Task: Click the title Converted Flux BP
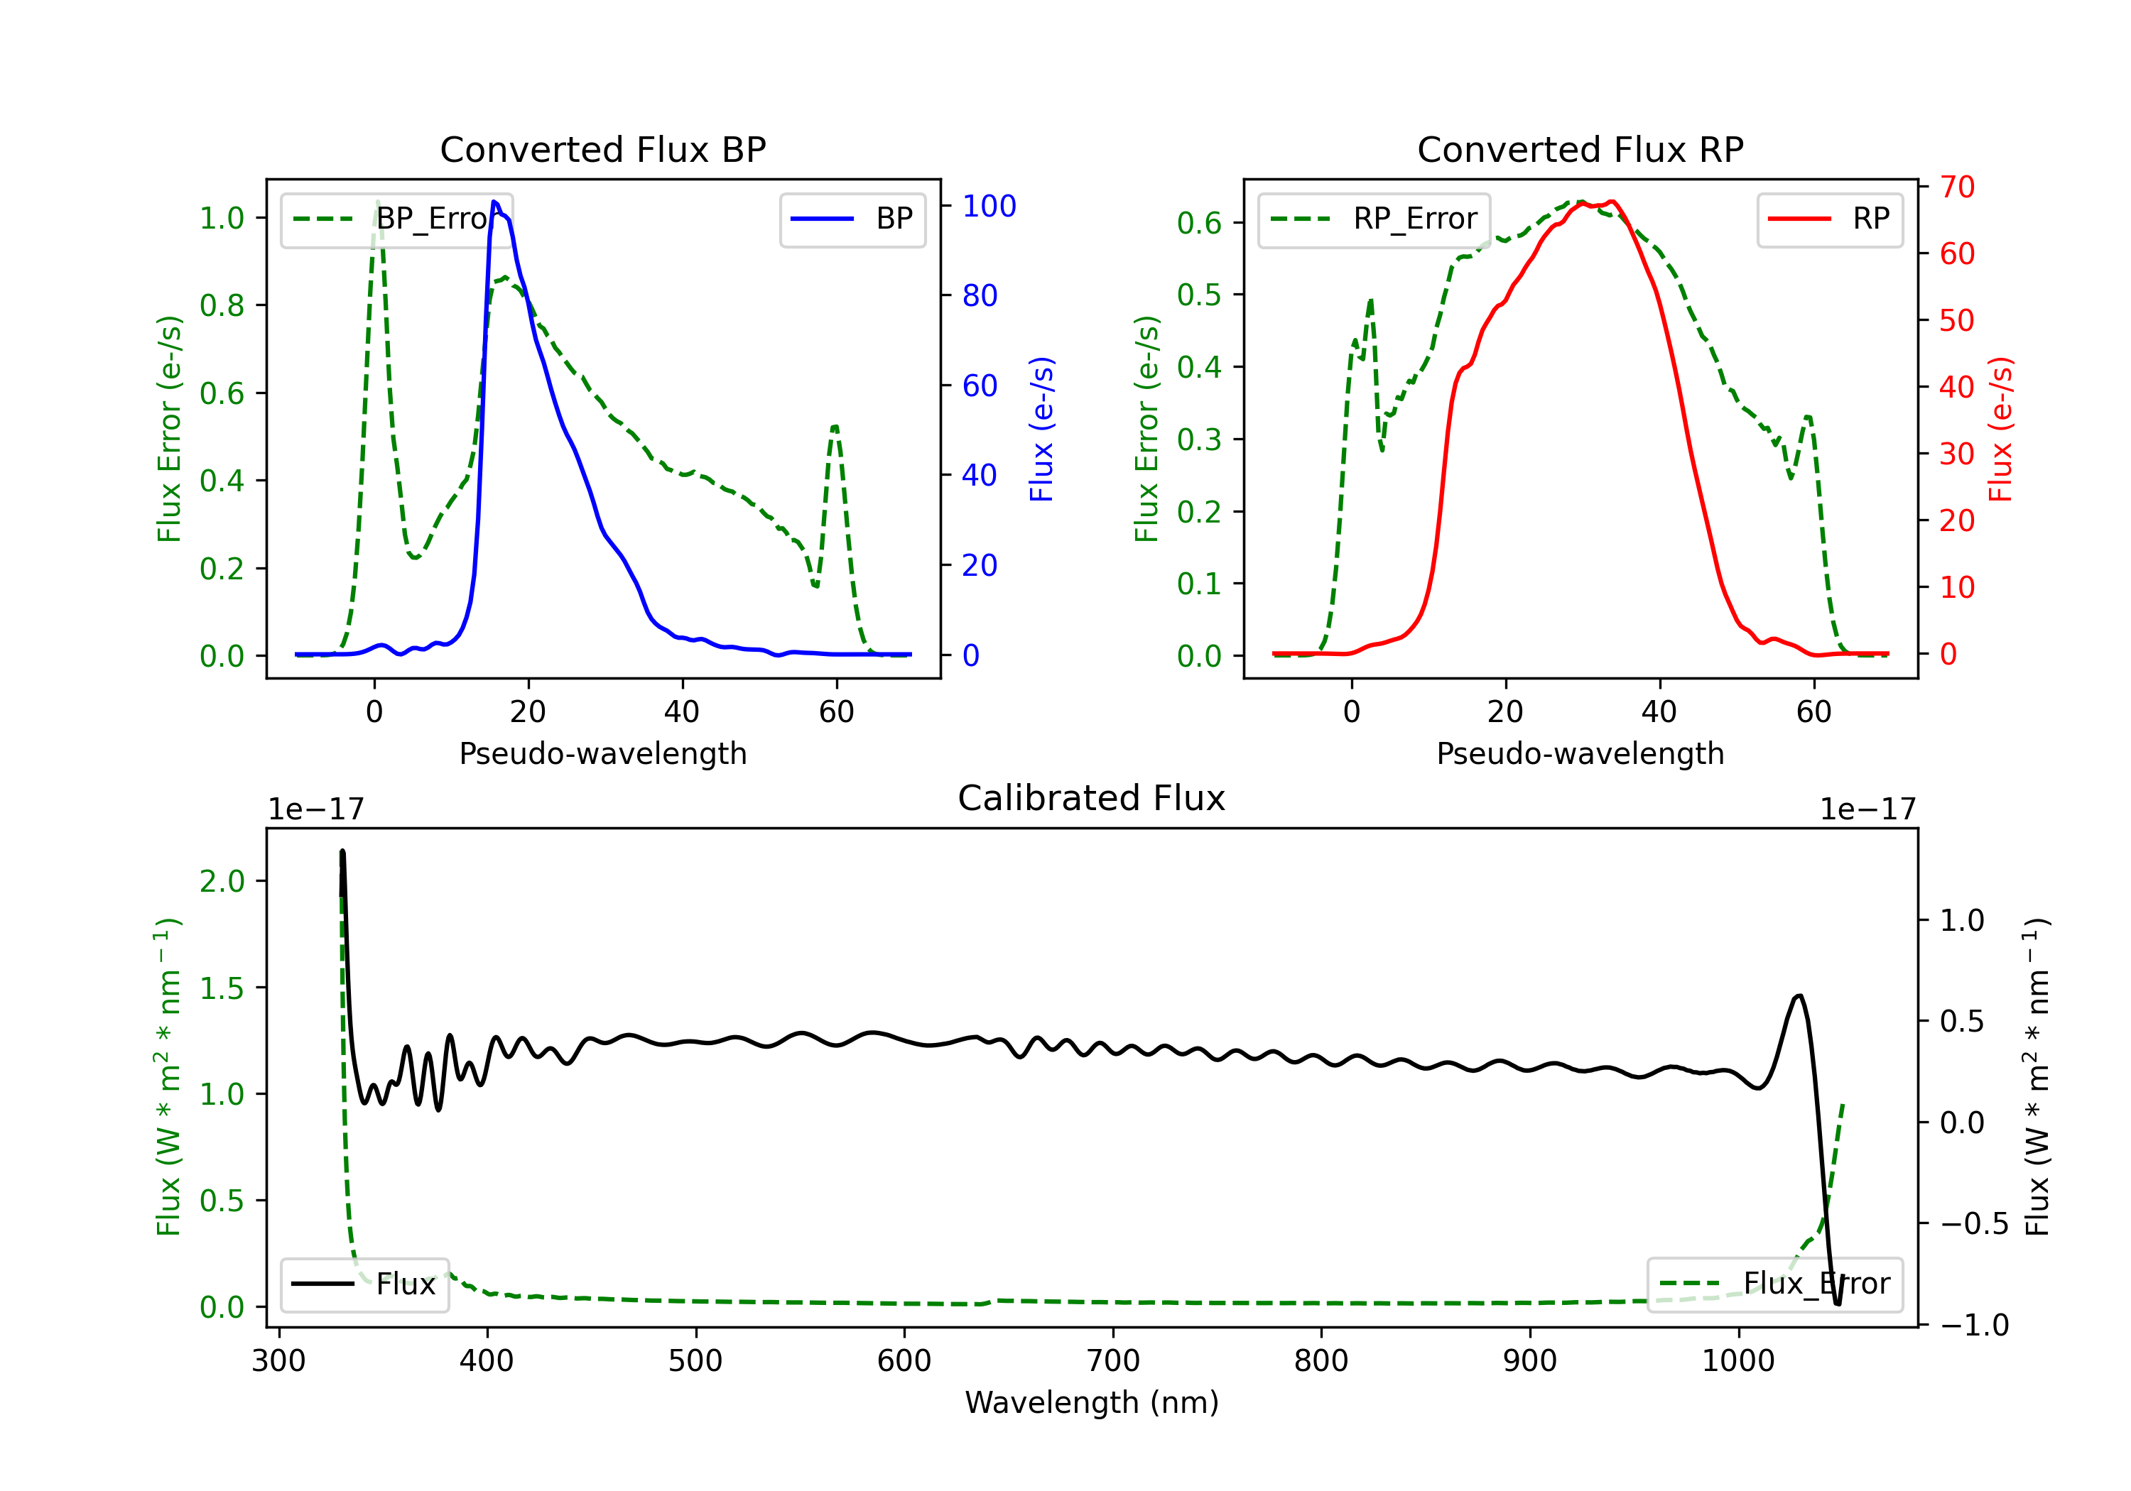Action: point(602,149)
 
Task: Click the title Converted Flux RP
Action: point(1580,149)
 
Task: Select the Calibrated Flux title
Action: point(1092,798)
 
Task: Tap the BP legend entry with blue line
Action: point(852,219)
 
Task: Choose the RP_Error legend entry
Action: point(1374,219)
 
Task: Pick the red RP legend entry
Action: point(1829,219)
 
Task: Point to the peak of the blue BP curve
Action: point(494,202)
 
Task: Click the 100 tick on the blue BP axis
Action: point(989,206)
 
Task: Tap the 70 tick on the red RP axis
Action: point(1956,187)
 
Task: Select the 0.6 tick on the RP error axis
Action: point(1199,223)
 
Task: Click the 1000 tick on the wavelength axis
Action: point(1737,1360)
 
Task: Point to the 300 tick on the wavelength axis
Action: point(278,1360)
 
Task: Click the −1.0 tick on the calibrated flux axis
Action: point(1974,1325)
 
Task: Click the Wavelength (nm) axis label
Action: point(1092,1403)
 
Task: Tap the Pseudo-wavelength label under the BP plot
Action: point(602,753)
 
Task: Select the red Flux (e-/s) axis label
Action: point(2000,429)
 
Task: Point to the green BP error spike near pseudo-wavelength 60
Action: point(835,427)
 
